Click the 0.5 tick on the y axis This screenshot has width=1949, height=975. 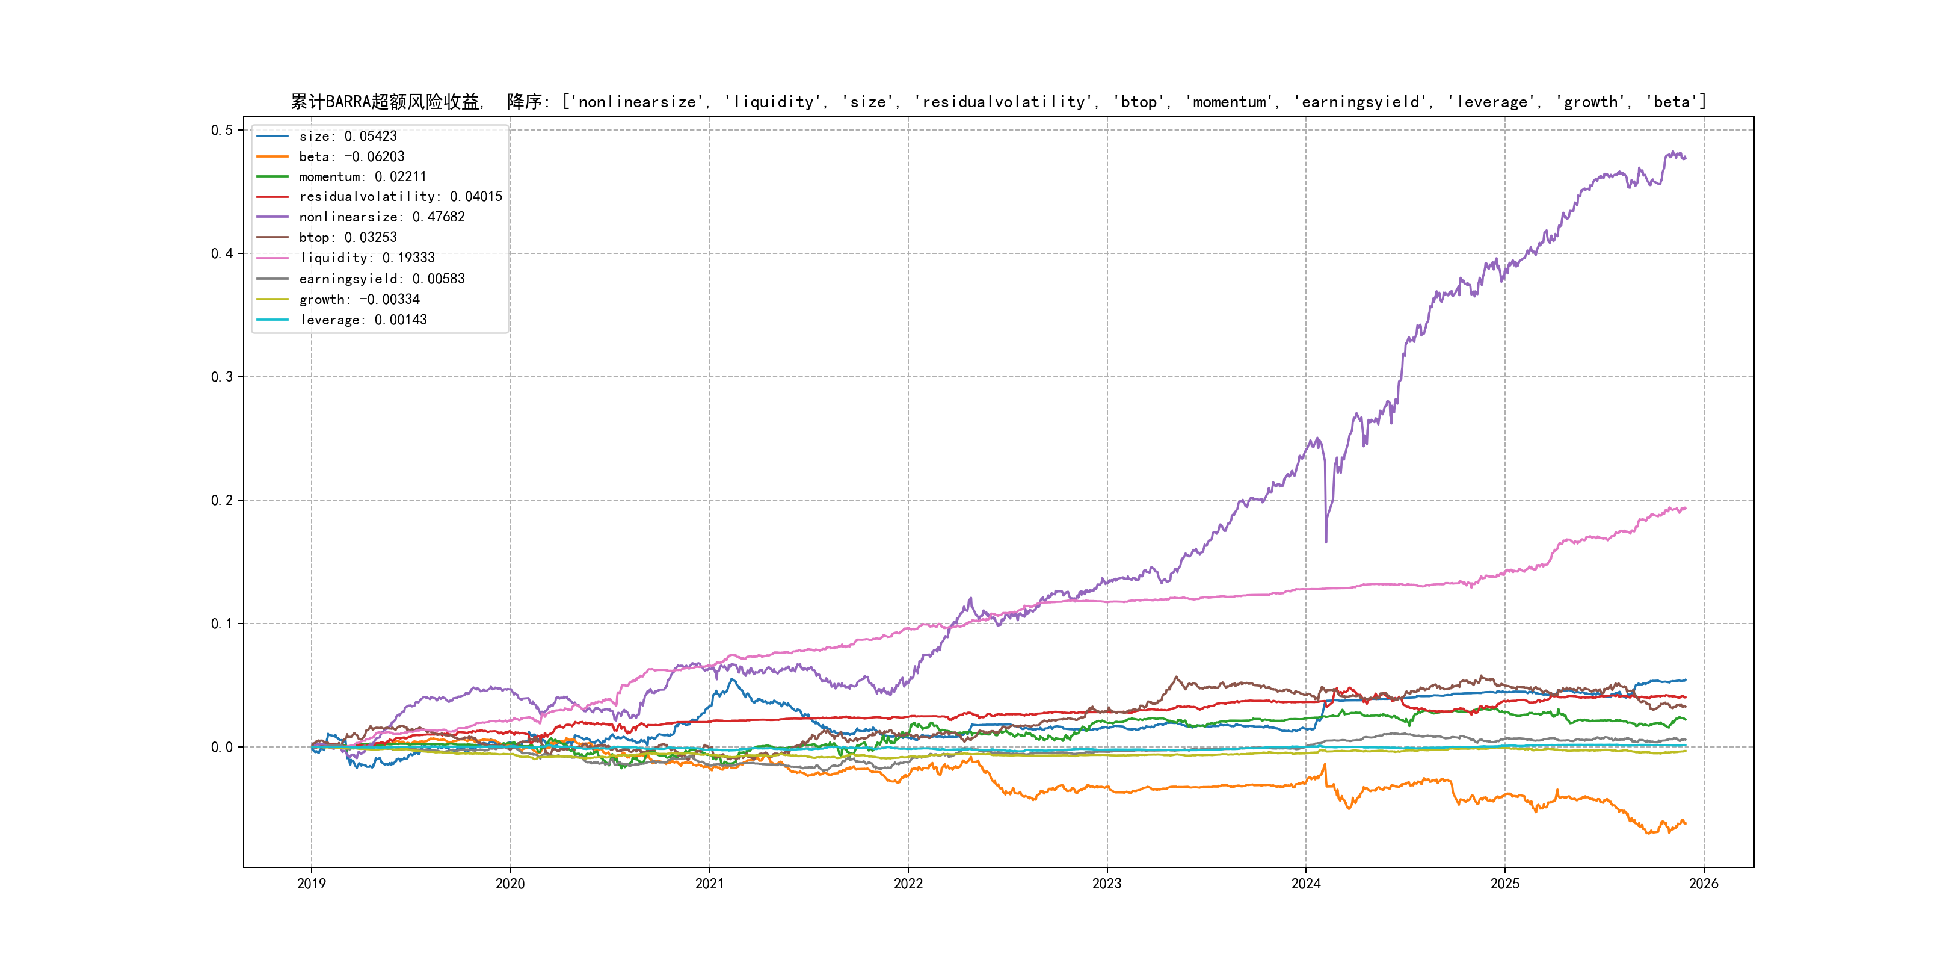[x=222, y=130]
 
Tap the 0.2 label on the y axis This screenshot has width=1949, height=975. [x=222, y=500]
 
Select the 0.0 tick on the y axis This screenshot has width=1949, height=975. [x=222, y=747]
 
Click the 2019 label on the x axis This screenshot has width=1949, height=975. [x=311, y=884]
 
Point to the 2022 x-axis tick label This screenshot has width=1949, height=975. [x=908, y=884]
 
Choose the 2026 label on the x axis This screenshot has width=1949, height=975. [x=1703, y=884]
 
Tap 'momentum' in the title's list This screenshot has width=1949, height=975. [x=1230, y=102]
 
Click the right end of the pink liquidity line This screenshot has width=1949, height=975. [x=1685, y=509]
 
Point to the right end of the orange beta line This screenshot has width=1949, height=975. [x=1685, y=823]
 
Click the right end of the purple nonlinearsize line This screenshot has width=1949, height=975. [x=1685, y=158]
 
